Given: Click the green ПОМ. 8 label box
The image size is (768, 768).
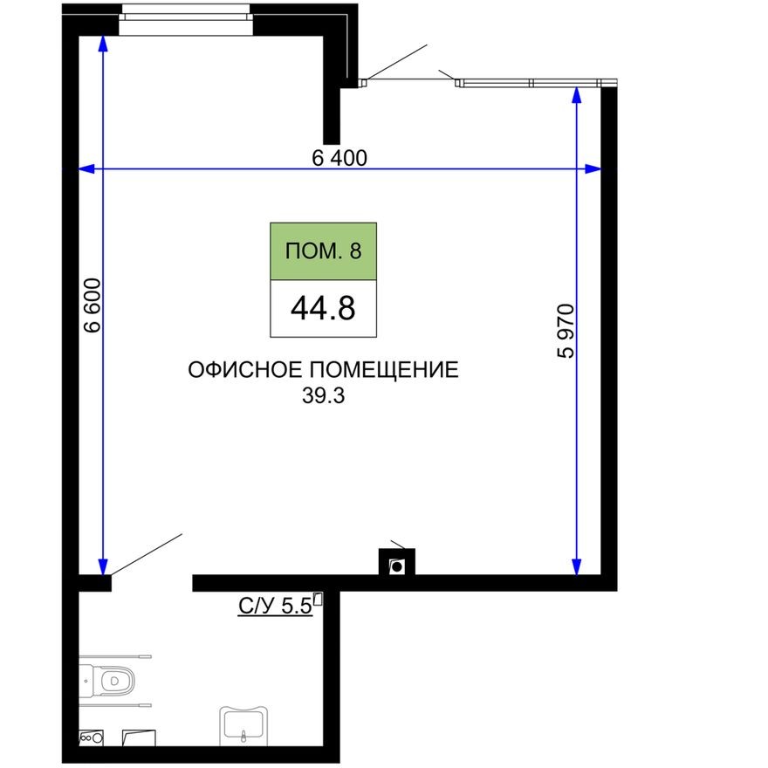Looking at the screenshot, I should [x=323, y=251].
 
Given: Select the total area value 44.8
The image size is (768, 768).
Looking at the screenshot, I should [x=323, y=309].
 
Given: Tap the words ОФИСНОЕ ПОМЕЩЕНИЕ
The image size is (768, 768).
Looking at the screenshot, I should [x=323, y=370].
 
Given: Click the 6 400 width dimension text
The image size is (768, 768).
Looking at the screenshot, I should [x=339, y=157].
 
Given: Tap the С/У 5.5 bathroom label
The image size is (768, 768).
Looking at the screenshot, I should [x=275, y=607].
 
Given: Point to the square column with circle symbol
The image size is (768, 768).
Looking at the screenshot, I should [x=397, y=565].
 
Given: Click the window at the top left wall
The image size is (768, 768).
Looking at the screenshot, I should [x=185, y=19].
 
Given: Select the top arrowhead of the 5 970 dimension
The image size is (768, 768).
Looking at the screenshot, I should [x=577, y=96].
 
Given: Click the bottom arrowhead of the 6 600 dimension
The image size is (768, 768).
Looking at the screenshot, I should [x=103, y=566].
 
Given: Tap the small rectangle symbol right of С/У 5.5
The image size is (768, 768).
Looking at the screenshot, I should [x=319, y=599].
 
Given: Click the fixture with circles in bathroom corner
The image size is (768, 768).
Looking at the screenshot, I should [x=91, y=737].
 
